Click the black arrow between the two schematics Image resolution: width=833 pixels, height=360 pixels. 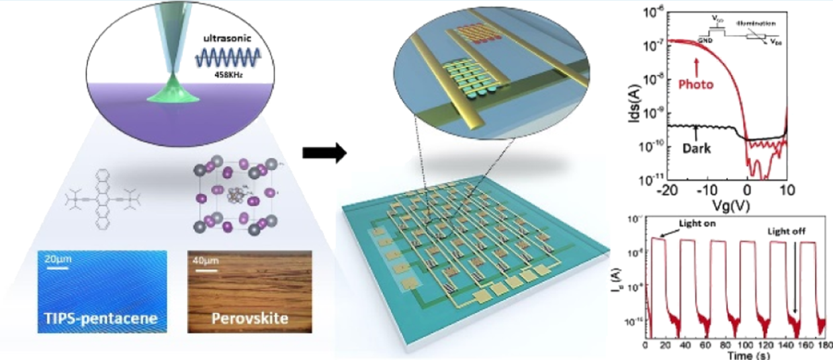(x=324, y=154)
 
